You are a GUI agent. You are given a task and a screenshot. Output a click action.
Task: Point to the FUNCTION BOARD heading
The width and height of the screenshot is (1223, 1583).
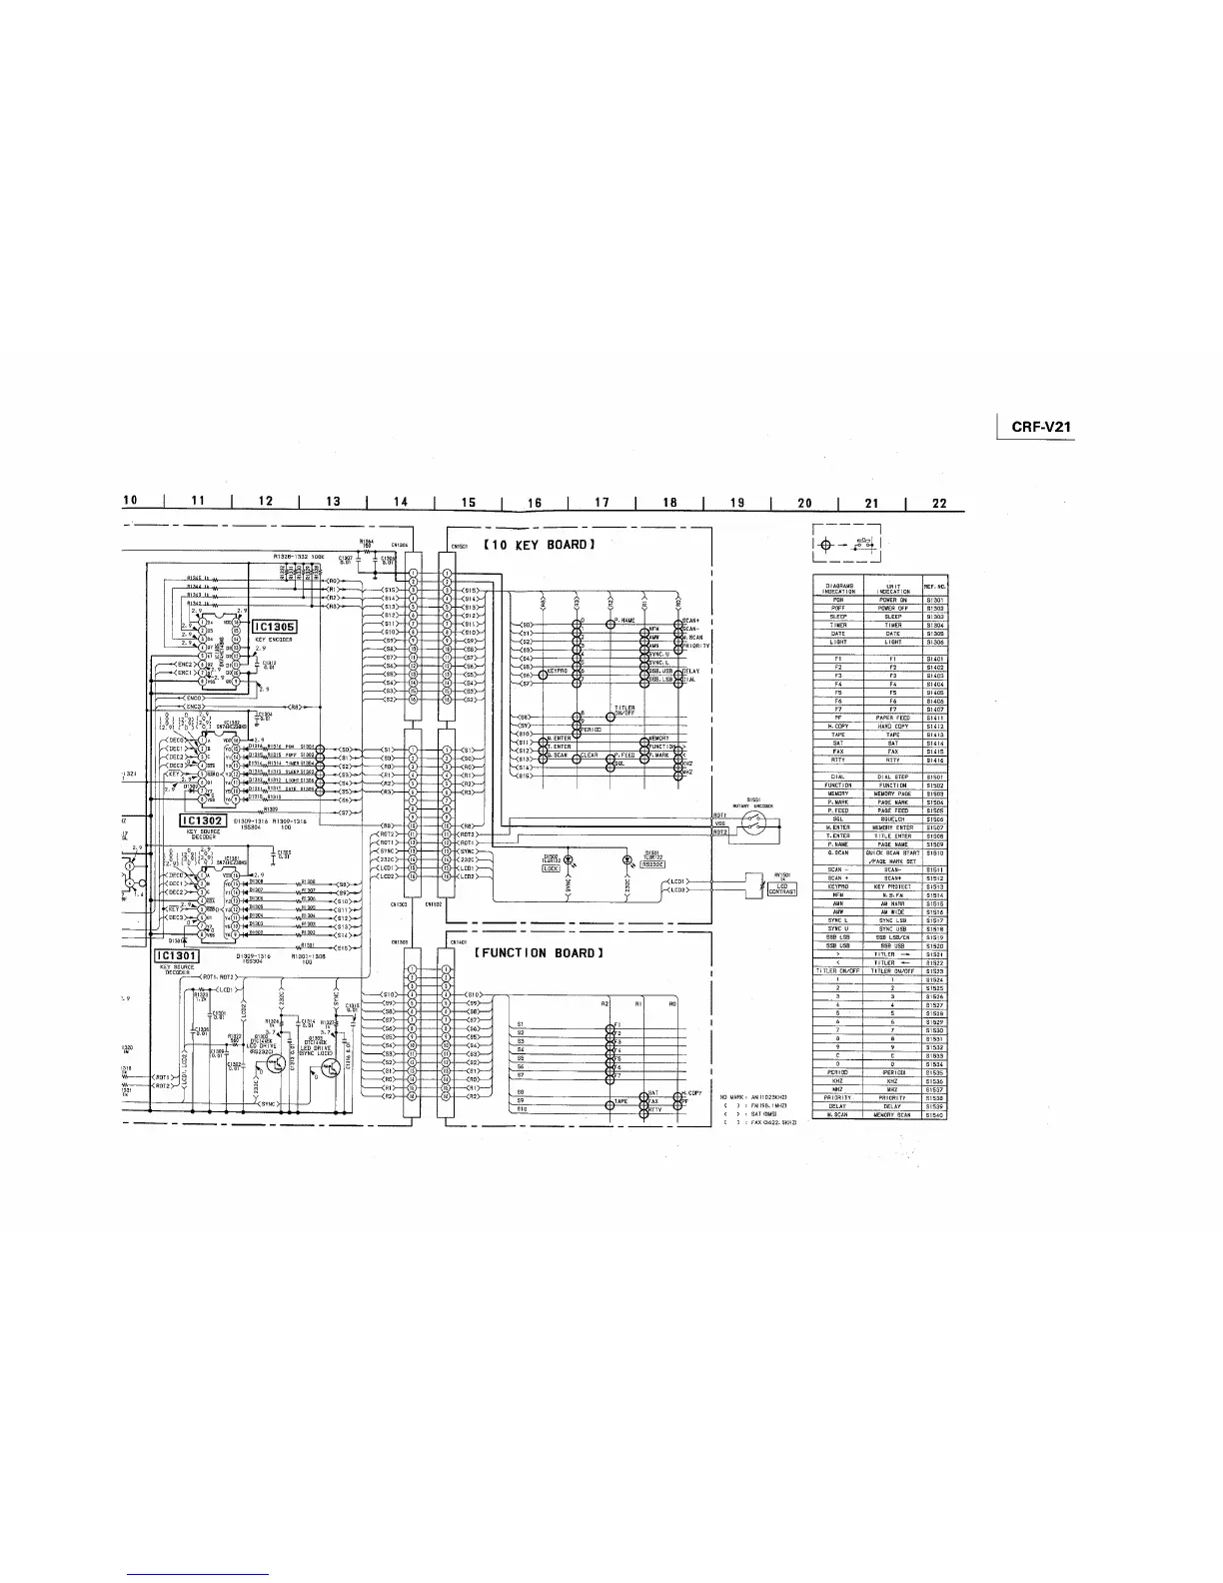point(541,952)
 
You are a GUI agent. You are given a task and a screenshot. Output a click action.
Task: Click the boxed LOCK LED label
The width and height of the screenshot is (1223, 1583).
point(551,867)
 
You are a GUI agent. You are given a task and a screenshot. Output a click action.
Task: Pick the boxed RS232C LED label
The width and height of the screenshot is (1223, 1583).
point(653,865)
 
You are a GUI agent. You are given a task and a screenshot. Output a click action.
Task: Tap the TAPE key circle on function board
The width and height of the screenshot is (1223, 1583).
point(610,1103)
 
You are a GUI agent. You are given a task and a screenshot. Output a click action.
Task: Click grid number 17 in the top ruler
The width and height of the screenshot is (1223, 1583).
point(601,503)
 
